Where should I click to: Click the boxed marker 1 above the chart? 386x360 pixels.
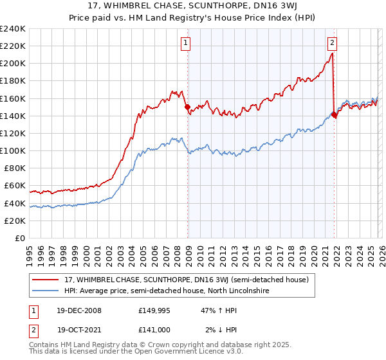[185, 43]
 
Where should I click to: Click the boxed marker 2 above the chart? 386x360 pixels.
[332, 43]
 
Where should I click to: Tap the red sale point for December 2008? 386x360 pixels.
[187, 107]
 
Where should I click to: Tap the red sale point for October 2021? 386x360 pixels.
[335, 115]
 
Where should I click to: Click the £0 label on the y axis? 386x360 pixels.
[20, 238]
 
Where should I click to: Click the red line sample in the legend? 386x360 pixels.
[45, 280]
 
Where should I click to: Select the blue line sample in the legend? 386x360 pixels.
[45, 291]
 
